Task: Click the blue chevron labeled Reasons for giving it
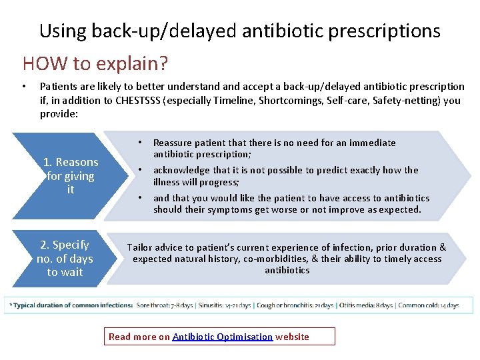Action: click(x=67, y=176)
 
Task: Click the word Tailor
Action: click(x=141, y=247)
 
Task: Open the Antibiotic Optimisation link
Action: click(x=223, y=337)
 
